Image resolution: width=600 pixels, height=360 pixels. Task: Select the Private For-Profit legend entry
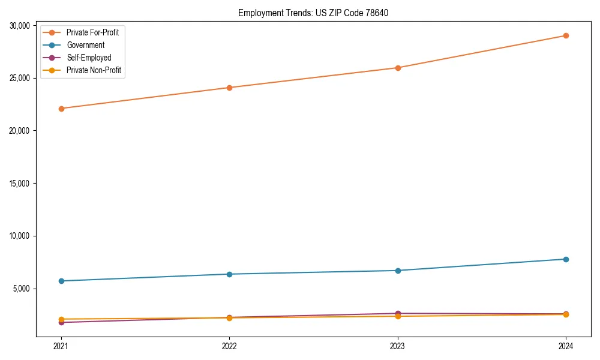92,32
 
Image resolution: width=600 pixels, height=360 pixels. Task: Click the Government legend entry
85,45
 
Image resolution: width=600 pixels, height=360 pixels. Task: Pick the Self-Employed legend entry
89,58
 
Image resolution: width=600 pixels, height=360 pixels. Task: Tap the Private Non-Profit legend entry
94,70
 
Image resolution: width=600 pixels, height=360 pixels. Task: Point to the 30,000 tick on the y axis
21,25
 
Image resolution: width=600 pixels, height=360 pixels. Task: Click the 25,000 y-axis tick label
21,78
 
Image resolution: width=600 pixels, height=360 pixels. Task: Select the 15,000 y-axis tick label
21,184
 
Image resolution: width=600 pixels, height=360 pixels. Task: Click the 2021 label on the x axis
61,346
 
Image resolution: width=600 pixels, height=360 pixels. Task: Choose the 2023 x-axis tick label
397,346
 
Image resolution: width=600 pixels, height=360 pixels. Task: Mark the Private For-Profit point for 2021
61,109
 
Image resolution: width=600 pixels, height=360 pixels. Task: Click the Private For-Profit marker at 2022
229,88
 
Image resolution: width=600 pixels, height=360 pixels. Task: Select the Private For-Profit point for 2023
397,68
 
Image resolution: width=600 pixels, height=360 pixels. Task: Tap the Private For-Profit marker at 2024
566,35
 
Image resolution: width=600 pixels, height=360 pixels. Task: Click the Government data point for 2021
61,281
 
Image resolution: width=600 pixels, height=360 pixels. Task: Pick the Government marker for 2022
229,274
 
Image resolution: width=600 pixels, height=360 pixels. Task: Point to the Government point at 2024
566,259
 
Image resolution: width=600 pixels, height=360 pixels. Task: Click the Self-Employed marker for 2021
61,323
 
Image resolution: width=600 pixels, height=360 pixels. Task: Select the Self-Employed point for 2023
397,313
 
